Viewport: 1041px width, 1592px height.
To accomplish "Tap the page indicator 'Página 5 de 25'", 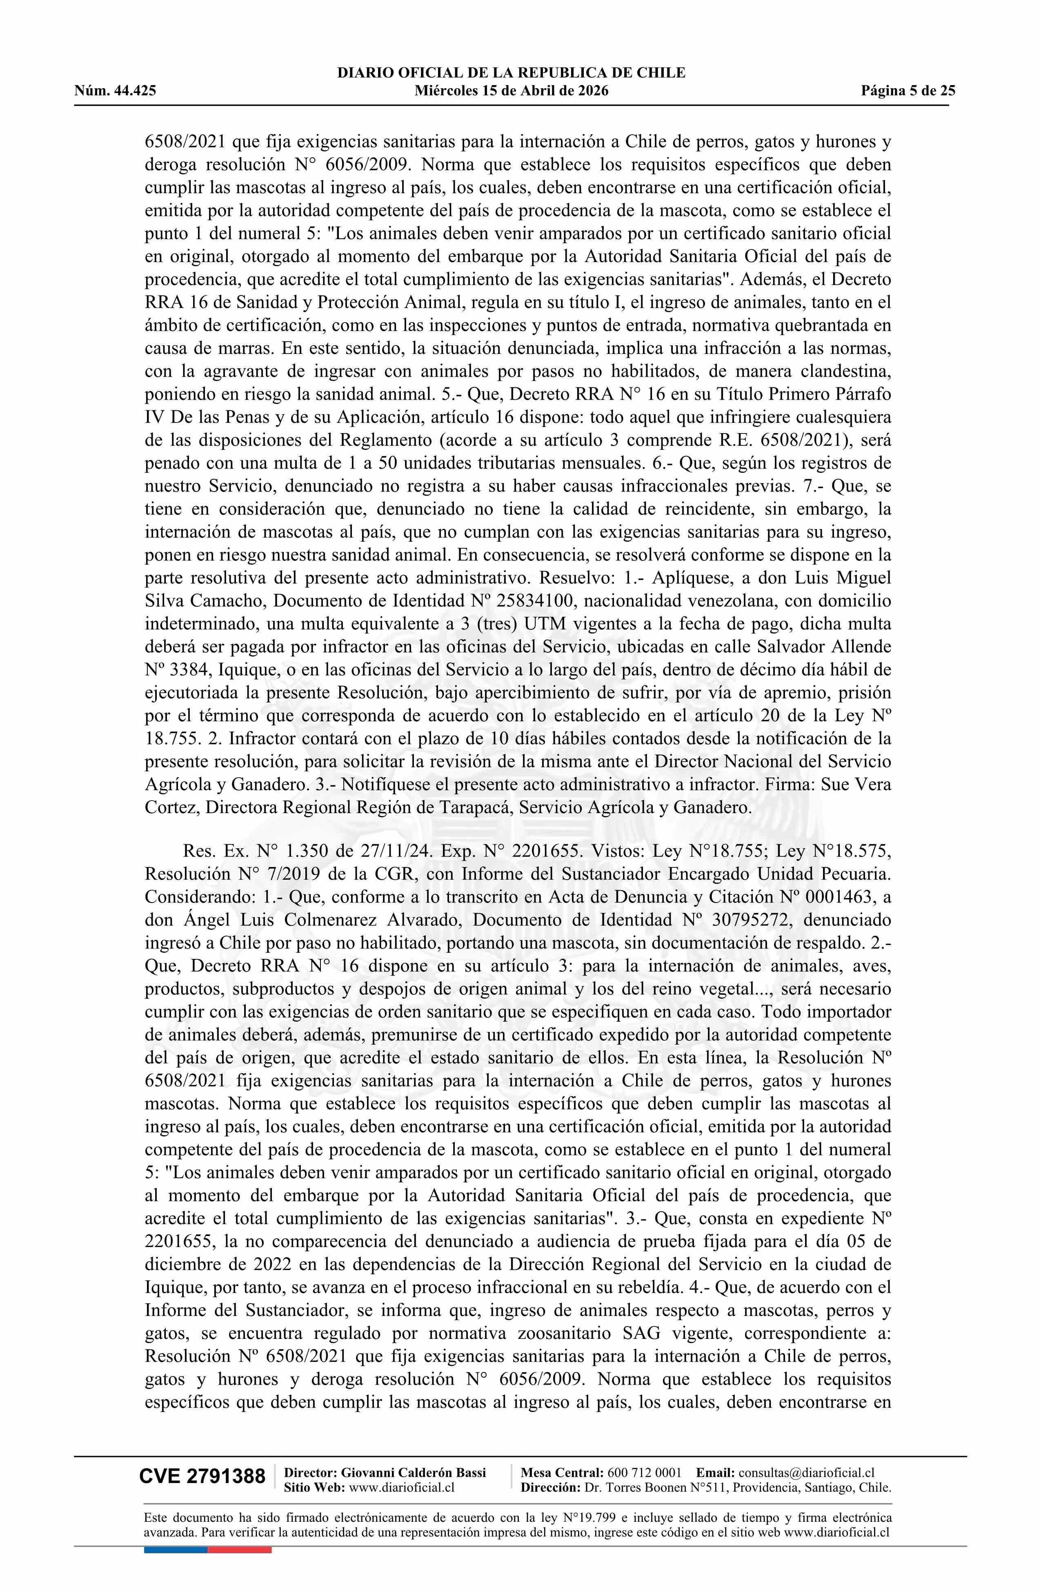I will (x=908, y=91).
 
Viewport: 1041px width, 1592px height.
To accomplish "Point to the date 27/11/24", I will (x=389, y=851).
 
